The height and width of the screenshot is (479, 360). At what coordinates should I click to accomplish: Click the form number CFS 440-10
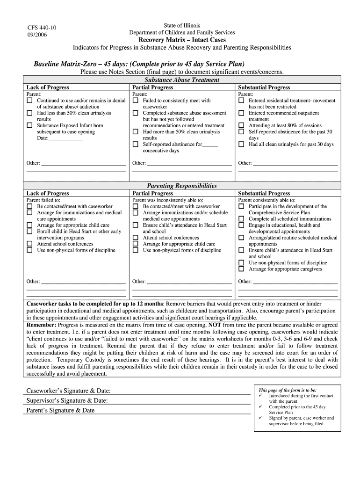pos(42,28)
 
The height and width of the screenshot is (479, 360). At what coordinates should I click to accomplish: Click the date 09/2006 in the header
pos(37,35)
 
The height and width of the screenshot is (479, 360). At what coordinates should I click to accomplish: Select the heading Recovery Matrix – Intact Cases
pos(182,40)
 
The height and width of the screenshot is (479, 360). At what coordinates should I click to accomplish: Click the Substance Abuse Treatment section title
pos(182,80)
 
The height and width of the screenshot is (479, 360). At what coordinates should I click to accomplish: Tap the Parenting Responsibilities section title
pos(182,186)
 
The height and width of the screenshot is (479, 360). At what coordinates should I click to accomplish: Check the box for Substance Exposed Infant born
pos(29,125)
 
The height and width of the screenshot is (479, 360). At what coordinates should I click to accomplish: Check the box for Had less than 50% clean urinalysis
pos(29,113)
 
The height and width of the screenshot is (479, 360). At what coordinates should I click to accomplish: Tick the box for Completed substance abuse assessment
pos(136,113)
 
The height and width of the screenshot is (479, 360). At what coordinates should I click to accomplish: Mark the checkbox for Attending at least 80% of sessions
pos(241,125)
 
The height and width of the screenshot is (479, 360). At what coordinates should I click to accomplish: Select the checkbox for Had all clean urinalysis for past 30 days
pos(241,145)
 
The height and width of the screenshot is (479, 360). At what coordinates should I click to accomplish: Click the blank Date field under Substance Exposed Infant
pos(65,138)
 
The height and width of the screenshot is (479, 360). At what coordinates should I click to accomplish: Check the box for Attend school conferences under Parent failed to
pos(29,244)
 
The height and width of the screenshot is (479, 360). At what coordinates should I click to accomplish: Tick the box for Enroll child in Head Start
pos(29,231)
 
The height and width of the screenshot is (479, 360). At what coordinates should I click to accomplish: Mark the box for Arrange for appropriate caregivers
pos(241,269)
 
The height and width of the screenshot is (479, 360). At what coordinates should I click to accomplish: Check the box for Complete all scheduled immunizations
pos(241,218)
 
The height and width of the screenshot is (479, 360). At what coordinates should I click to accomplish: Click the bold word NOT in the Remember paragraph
pos(215,325)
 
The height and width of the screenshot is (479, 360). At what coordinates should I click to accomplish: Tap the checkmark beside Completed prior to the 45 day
pos(260,407)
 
